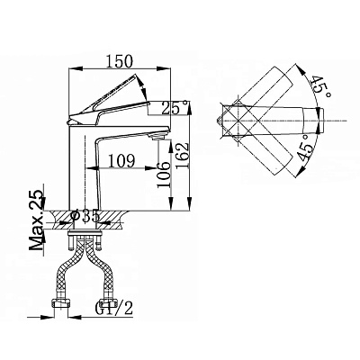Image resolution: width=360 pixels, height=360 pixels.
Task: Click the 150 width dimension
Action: point(120,61)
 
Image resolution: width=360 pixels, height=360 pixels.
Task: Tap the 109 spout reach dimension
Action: point(121,161)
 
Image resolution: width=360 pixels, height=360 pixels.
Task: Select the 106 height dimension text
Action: point(164,174)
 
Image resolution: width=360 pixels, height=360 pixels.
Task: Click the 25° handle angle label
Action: point(175,108)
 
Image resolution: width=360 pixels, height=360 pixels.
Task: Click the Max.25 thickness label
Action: point(36,220)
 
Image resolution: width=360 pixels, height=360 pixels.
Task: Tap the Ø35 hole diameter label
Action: point(85,216)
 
